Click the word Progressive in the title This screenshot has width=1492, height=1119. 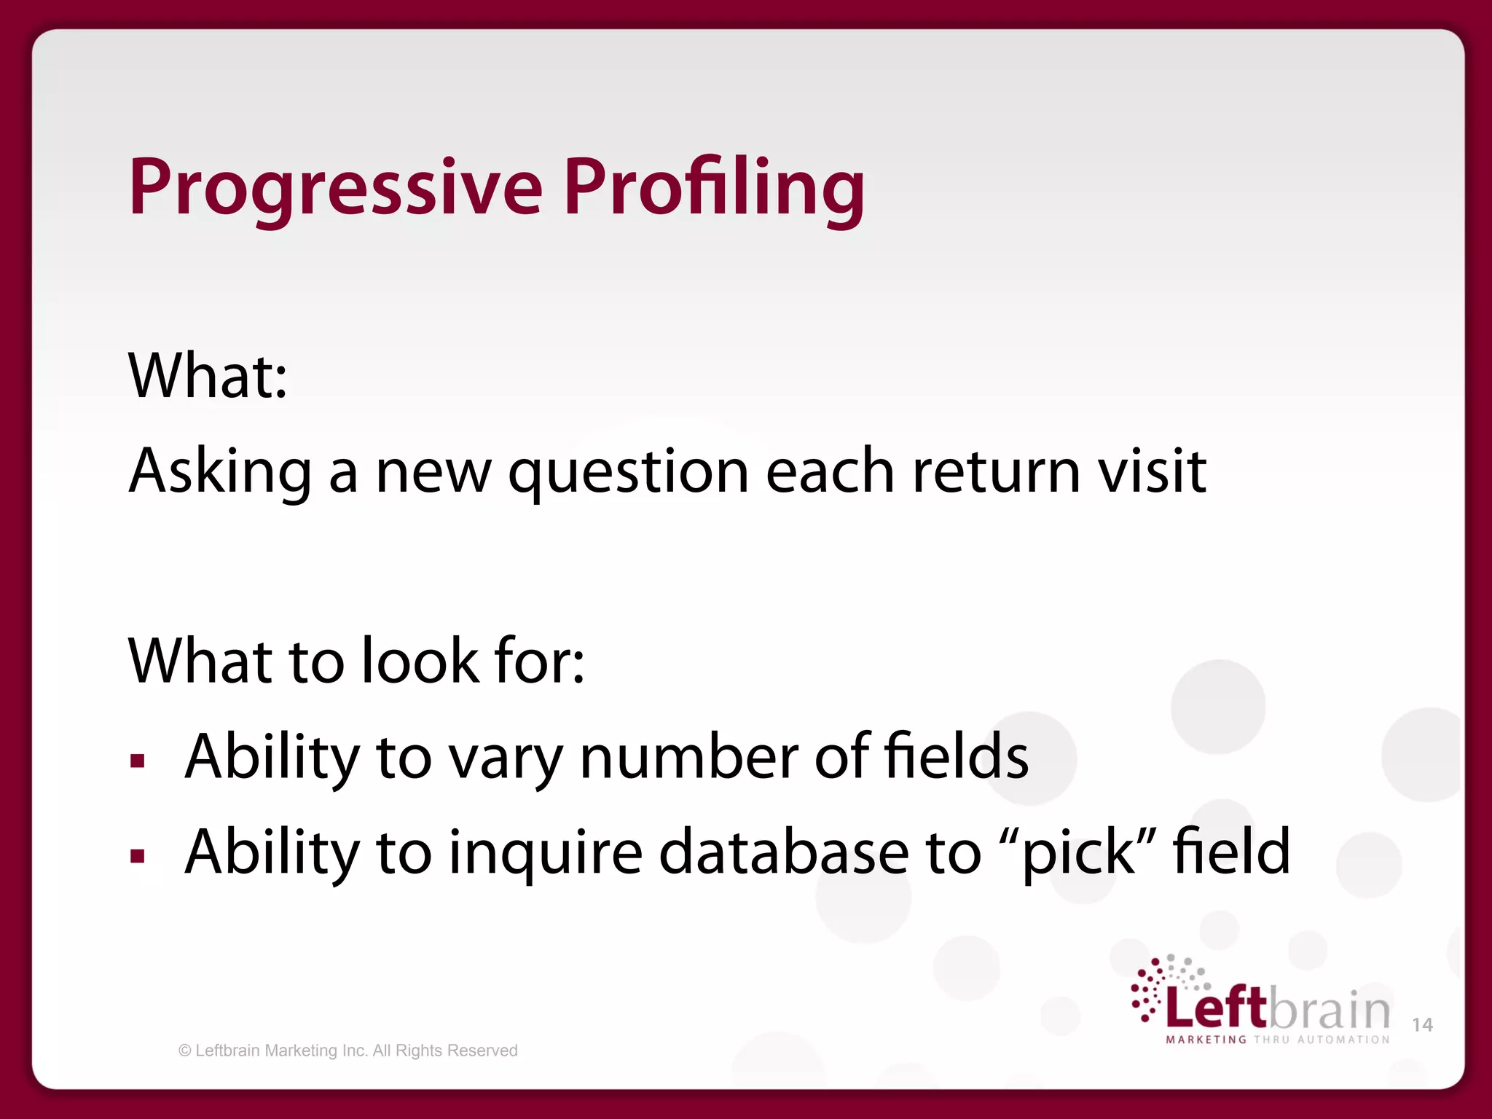[x=335, y=188]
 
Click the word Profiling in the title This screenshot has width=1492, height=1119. [x=714, y=188]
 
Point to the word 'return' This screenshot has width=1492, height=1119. [x=996, y=472]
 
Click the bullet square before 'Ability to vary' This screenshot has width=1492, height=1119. [x=138, y=761]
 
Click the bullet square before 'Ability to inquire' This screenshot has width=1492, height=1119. [x=138, y=856]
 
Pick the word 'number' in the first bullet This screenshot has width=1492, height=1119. [x=688, y=758]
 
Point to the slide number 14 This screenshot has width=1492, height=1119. [x=1422, y=1025]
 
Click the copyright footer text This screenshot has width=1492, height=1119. [x=348, y=1051]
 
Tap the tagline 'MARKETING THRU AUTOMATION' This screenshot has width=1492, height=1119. [x=1278, y=1040]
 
